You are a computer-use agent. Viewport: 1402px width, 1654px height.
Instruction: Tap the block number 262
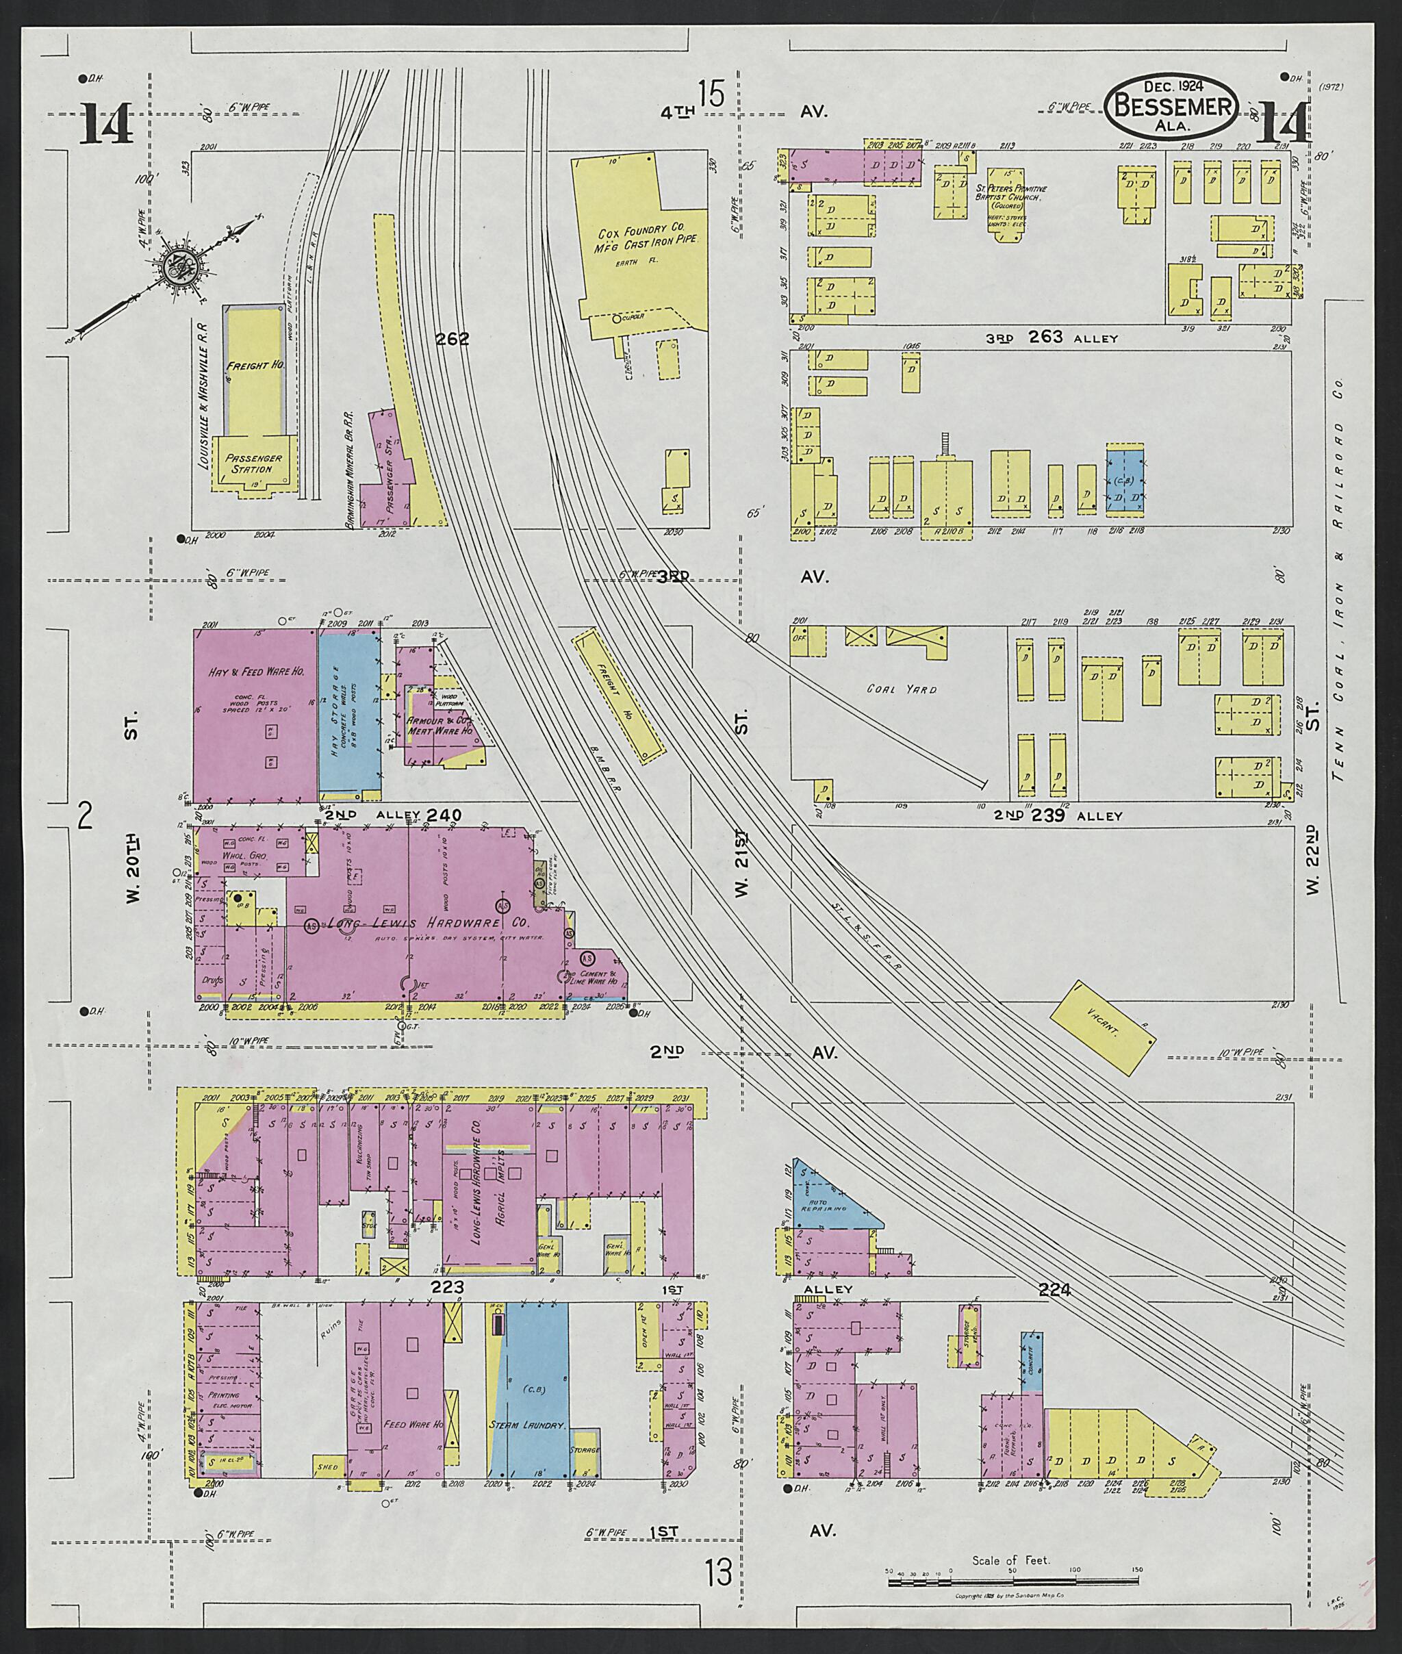click(x=453, y=339)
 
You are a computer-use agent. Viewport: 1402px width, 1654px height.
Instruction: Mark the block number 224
click(x=1054, y=1290)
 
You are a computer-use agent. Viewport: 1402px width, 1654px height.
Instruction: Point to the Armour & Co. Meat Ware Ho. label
click(x=439, y=725)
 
